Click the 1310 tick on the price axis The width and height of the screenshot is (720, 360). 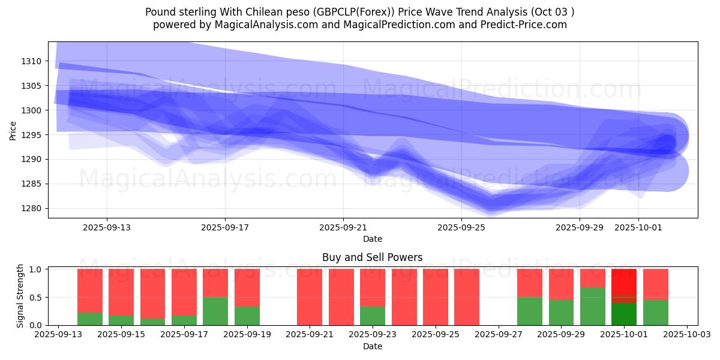(x=31, y=61)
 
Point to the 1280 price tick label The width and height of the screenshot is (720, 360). (x=31, y=209)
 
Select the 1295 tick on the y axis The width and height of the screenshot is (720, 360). (x=31, y=135)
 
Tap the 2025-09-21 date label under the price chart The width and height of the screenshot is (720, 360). (x=343, y=227)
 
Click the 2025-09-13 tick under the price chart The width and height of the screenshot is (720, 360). (x=107, y=227)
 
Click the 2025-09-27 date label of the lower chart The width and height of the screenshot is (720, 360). (x=499, y=335)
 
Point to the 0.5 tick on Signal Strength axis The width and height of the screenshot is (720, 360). (x=35, y=298)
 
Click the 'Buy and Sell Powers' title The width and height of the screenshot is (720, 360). (x=372, y=257)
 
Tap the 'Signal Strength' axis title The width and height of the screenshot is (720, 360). (x=20, y=296)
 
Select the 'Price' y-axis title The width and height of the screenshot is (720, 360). (x=13, y=130)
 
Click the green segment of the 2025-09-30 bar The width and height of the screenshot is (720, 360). (x=592, y=306)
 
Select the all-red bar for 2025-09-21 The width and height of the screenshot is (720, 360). (x=310, y=297)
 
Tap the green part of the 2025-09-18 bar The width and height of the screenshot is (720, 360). (x=215, y=311)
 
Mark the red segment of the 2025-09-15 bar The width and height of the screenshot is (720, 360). (x=121, y=292)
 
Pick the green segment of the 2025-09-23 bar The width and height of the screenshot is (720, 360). (x=373, y=316)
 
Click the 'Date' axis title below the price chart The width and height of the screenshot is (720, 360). (x=372, y=239)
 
